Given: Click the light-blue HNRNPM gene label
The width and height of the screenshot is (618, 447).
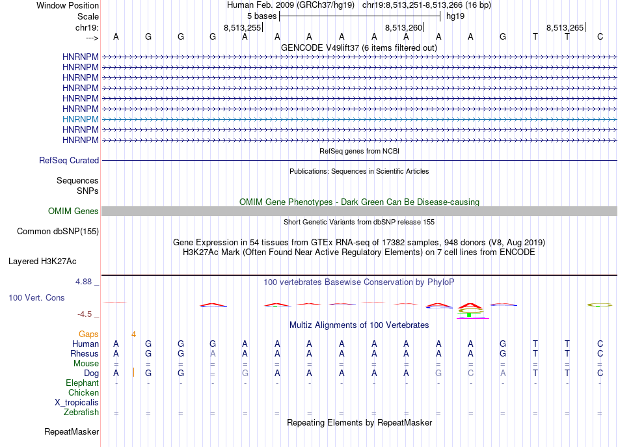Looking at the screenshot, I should [81, 120].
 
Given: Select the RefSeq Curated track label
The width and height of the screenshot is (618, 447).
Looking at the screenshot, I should [69, 161].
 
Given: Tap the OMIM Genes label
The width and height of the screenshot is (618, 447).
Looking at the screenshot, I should [74, 211].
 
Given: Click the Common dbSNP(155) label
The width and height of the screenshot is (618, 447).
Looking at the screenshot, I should [58, 231].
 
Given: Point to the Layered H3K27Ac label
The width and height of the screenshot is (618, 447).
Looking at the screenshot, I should [42, 262].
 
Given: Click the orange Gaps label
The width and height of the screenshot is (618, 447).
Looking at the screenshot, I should [88, 334].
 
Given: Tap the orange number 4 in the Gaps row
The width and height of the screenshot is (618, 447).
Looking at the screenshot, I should [133, 334].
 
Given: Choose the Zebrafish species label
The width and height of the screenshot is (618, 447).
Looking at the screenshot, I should [81, 413].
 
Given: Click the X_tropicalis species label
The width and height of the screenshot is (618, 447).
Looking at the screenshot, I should [77, 403].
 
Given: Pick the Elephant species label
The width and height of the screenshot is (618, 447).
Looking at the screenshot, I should [82, 383].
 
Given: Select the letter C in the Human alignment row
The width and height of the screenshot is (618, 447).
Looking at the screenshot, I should [600, 344].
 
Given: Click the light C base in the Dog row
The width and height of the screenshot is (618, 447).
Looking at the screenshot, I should [470, 373].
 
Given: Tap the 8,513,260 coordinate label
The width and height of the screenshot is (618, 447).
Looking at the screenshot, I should [404, 27].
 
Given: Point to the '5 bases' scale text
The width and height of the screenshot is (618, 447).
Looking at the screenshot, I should [262, 16].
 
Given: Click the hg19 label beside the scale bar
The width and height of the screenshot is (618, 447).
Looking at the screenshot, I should [455, 16].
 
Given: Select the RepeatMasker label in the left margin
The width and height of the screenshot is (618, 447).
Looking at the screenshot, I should [72, 432].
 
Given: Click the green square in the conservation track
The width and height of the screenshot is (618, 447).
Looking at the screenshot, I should [469, 315].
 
